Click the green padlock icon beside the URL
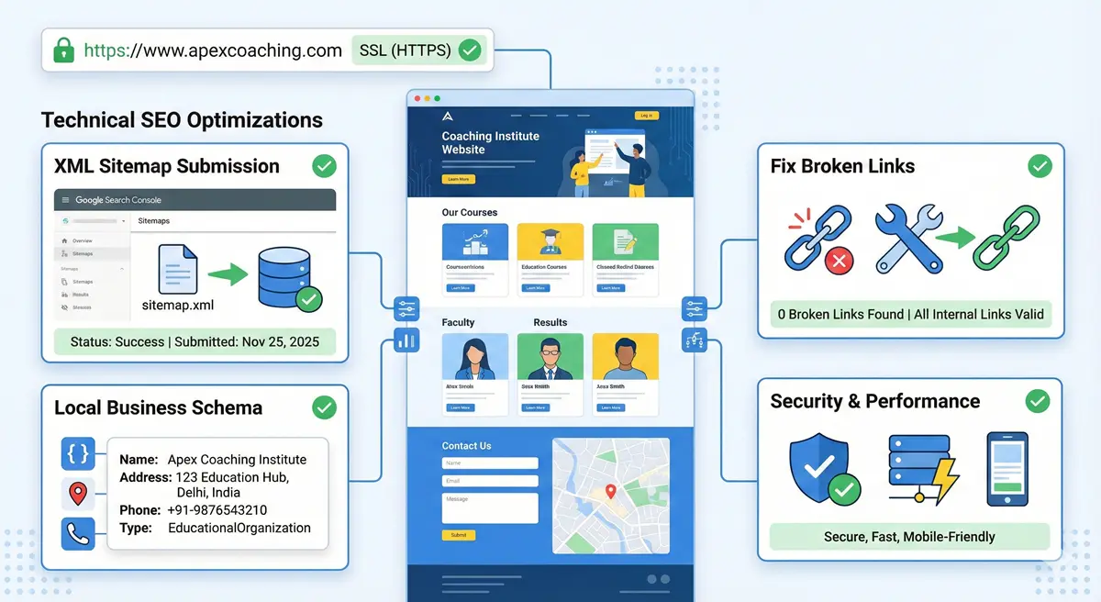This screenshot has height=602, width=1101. click(63, 50)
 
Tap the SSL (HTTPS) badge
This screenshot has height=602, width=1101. click(418, 50)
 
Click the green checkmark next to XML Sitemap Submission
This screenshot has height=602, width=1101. click(324, 166)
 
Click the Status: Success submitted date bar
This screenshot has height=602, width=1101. click(195, 341)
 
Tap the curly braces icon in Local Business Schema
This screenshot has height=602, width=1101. click(78, 453)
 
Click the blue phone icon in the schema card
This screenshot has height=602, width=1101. click(78, 534)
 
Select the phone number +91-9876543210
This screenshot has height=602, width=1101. click(217, 510)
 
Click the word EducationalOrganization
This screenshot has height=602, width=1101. click(239, 528)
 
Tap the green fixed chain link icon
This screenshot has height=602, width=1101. click(1006, 236)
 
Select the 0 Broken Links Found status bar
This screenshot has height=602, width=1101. click(910, 314)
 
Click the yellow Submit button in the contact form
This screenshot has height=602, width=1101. click(459, 534)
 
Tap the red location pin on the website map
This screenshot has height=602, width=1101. click(608, 493)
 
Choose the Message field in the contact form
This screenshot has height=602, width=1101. click(489, 507)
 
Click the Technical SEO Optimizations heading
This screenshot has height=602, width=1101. click(182, 119)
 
